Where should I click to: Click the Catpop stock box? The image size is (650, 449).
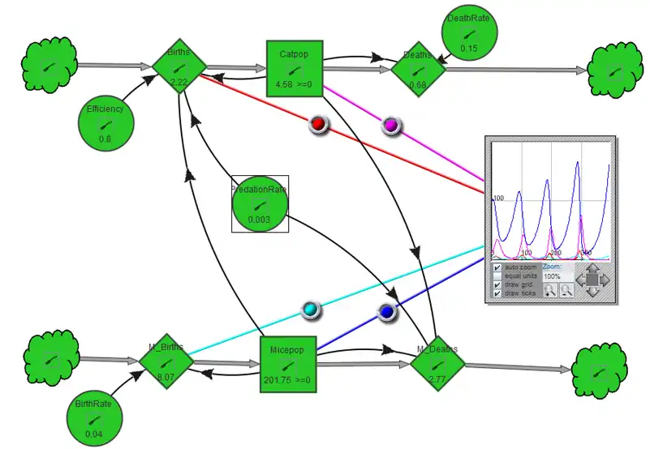tap(295, 69)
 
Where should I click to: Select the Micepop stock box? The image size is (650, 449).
tap(287, 365)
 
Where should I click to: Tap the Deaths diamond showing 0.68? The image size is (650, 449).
tap(418, 69)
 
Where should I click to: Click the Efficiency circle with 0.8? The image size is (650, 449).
tap(105, 123)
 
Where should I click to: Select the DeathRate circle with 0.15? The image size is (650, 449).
tap(468, 32)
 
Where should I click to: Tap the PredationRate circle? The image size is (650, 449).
tap(260, 204)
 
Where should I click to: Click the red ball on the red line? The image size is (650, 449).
tap(318, 123)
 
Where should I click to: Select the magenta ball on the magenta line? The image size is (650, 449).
tap(391, 125)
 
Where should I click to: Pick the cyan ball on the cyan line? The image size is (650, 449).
tap(309, 309)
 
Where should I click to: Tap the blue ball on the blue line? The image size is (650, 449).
tap(386, 312)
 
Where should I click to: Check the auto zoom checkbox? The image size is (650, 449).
tap(497, 267)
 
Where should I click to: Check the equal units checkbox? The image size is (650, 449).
tap(497, 276)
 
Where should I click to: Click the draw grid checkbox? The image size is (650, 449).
tap(497, 284)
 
